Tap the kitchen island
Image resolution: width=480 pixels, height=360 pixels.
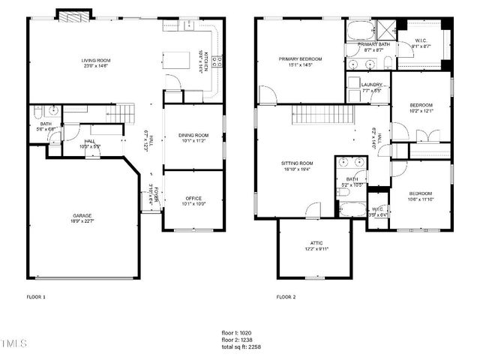click(178, 58)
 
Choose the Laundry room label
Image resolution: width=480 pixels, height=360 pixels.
click(371, 85)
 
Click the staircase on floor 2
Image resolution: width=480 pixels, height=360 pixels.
click(322, 115)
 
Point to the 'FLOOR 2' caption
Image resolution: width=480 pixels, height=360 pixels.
click(286, 297)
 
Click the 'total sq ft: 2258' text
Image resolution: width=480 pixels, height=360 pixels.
click(241, 346)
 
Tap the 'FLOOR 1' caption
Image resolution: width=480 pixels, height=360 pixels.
click(36, 297)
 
